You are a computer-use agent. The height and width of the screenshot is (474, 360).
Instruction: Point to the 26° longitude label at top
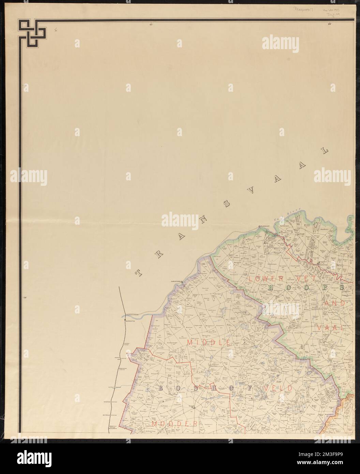[x=330, y=24]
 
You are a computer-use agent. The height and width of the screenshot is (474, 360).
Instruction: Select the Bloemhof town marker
[x=260, y=226]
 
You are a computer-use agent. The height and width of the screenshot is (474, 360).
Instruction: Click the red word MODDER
[x=175, y=424]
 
